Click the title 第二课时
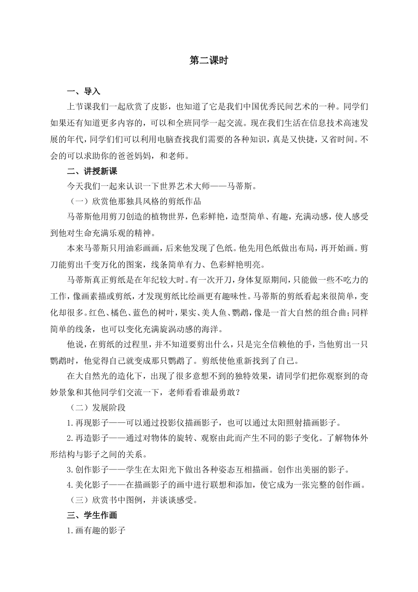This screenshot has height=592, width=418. coord(209,61)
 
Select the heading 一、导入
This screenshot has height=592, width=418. coord(84,92)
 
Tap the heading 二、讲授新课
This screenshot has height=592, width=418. coord(92,171)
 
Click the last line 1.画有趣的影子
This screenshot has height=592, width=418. coord(96,531)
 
